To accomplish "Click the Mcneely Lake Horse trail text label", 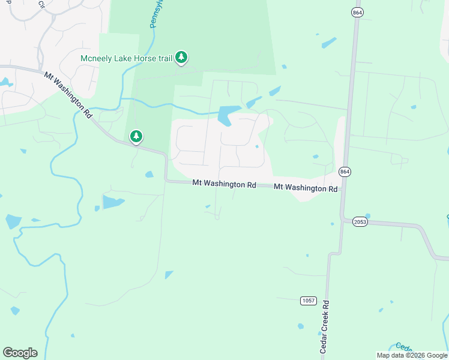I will point(126,58).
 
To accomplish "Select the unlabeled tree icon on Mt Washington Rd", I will point(136,137).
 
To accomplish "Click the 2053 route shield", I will point(360,221).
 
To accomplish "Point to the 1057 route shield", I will point(308,299).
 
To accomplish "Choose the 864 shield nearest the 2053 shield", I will point(345,172).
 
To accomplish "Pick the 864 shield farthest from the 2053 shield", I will point(358,11).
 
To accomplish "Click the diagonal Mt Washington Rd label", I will point(68,95).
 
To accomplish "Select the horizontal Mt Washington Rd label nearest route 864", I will point(306,188).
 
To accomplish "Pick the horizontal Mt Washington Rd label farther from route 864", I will point(224,184).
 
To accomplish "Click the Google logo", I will point(20,353).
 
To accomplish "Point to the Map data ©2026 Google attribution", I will point(411,355).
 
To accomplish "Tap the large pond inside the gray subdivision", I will point(226,115).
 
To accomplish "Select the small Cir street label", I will point(41,4).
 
